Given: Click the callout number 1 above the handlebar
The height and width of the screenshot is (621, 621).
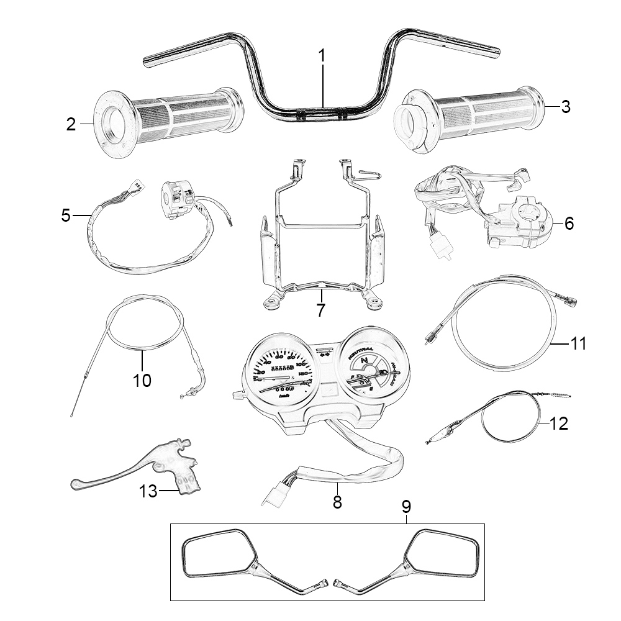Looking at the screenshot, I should pos(322,55).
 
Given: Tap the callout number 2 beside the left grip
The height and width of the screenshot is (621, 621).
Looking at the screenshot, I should pos(71,125).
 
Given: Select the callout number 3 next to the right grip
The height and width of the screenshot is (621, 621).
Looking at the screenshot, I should pos(564,107).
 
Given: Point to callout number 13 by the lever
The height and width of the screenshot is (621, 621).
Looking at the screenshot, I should pos(148,491).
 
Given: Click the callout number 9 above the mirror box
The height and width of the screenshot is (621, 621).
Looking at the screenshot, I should pos(406,507).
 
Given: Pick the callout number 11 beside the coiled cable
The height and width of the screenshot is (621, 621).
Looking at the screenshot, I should pos(578,343).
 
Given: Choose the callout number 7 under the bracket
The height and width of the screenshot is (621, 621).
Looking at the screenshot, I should pos(320,310).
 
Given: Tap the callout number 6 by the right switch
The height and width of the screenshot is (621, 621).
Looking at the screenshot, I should pos(568,224).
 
